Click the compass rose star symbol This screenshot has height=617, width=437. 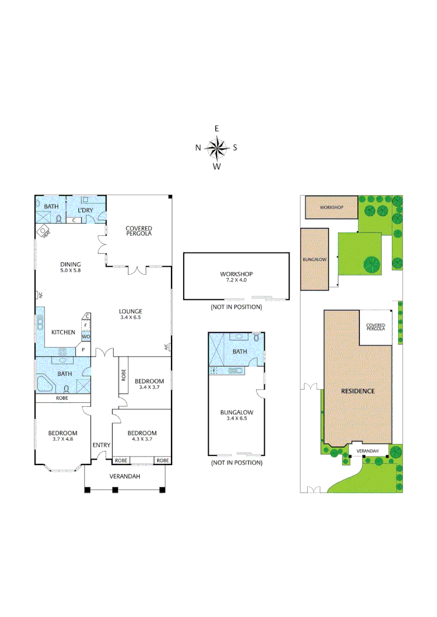(217, 148)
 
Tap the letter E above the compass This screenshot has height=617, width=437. (217, 129)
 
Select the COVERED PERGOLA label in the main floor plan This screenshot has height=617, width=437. (139, 231)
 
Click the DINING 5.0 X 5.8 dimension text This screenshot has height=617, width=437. (70, 271)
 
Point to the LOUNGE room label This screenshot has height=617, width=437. (130, 311)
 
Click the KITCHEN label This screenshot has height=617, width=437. (62, 332)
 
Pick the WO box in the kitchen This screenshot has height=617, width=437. (86, 337)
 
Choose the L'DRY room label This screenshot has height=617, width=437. (85, 210)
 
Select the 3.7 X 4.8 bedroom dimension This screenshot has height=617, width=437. (62, 440)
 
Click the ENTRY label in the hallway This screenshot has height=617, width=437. (101, 445)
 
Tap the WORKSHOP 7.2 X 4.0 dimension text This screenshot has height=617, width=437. (236, 281)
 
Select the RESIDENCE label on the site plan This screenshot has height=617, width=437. (357, 391)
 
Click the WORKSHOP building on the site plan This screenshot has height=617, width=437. (331, 207)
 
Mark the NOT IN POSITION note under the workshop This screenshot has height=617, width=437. (236, 307)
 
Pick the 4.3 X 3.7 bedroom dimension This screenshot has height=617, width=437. (141, 440)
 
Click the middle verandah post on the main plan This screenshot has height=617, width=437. (115, 490)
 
